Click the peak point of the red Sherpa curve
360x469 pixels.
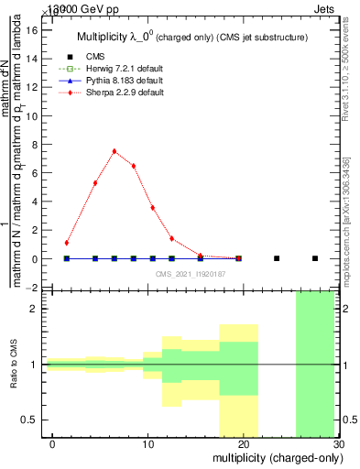pyautogui.click(x=115, y=151)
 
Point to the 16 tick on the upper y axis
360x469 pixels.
pyautogui.click(x=35, y=30)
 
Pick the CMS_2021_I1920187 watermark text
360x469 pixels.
pyautogui.click(x=191, y=274)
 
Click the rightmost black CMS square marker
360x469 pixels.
pyautogui.click(x=315, y=258)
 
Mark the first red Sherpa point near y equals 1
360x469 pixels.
pyautogui.click(x=67, y=243)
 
